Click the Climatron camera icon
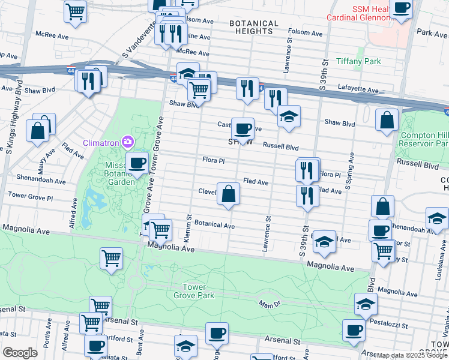pyautogui.click(x=128, y=142)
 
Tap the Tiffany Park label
pyautogui.click(x=358, y=62)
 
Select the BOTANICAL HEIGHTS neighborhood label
pyautogui.click(x=254, y=28)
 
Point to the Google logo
pyautogui.click(x=19, y=352)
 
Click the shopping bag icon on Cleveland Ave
pyautogui.click(x=228, y=194)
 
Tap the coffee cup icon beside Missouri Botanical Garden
pyautogui.click(x=137, y=163)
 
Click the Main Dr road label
pyautogui.click(x=270, y=305)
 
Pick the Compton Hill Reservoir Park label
pyautogui.click(x=424, y=139)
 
